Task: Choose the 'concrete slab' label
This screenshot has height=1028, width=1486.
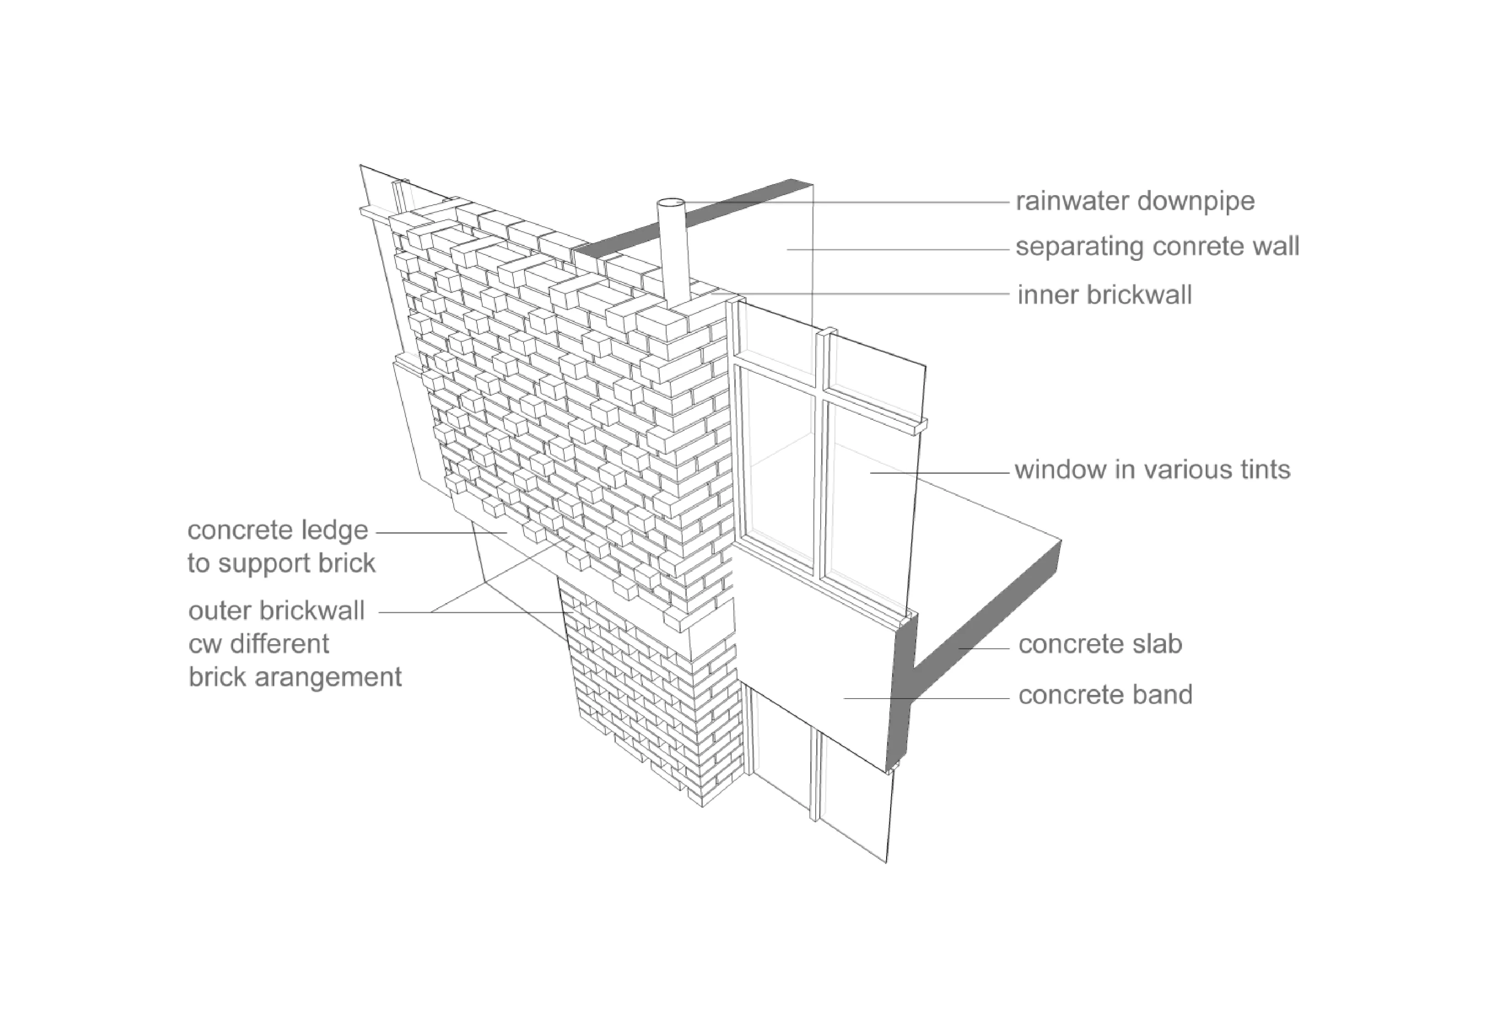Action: point(1100,645)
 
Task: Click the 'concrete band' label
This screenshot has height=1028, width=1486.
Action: point(1105,695)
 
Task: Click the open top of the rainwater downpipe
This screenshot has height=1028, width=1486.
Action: point(670,203)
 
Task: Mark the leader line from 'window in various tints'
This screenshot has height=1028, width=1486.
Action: point(941,473)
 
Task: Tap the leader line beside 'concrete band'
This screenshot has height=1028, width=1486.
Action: point(928,698)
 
